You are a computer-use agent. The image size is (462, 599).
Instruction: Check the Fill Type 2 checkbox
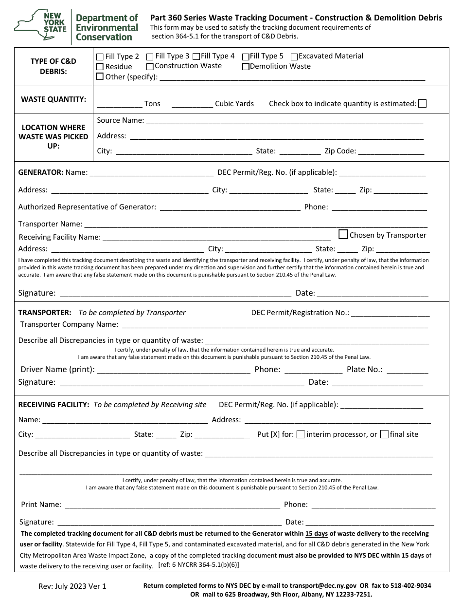coord(100,56)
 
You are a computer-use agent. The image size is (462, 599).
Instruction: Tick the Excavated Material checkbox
coord(294,56)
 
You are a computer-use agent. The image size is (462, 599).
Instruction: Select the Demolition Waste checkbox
coord(246,67)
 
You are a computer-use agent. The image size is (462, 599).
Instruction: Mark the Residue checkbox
coord(100,67)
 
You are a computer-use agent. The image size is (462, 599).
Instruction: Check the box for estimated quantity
coord(423,103)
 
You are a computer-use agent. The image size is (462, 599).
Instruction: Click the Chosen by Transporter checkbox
coord(343,234)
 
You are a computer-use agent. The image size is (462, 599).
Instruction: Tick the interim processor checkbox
coord(301,434)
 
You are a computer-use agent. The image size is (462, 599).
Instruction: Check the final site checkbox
coord(384,434)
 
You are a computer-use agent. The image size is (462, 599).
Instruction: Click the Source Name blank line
coord(284,122)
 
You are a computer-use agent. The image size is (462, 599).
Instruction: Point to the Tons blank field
coord(120,105)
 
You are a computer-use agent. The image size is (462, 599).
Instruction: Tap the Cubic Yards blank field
coord(193,105)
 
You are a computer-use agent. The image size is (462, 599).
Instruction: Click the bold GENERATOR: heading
coord(41,172)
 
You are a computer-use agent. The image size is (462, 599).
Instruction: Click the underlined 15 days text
coord(316,534)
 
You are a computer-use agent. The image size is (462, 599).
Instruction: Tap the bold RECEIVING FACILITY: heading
coord(53,405)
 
